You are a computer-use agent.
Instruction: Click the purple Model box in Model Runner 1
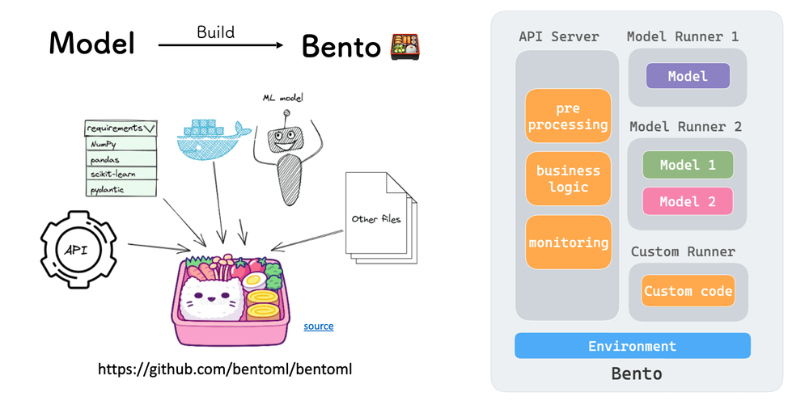pos(688,77)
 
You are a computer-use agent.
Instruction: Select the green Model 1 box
pos(688,165)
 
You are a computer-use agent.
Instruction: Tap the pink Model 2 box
pos(688,201)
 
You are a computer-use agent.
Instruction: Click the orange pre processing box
pos(569,116)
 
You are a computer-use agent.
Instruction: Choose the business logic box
pos(569,179)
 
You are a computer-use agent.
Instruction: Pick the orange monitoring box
pos(569,243)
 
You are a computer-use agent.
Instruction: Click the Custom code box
pos(688,291)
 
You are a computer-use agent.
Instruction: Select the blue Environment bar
pos(632,346)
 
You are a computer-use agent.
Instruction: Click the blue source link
pos(318,327)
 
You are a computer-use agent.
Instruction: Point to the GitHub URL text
pos(225,369)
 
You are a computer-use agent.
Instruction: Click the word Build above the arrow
pos(215,32)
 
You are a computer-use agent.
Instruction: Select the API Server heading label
pos(559,36)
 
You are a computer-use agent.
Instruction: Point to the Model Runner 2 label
pos(685,127)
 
